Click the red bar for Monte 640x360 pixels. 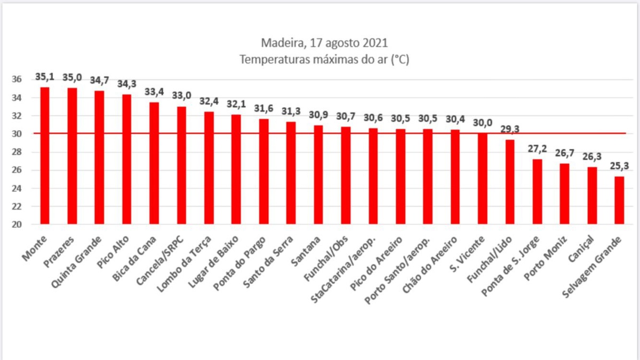coord(45,156)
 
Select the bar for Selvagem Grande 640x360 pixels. coord(619,200)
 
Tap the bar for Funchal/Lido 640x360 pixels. coord(510,182)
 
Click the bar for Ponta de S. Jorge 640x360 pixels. coord(537,191)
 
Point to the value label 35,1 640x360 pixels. coord(45,77)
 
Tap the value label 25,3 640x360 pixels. coord(619,166)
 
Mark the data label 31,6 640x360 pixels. coord(263,109)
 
